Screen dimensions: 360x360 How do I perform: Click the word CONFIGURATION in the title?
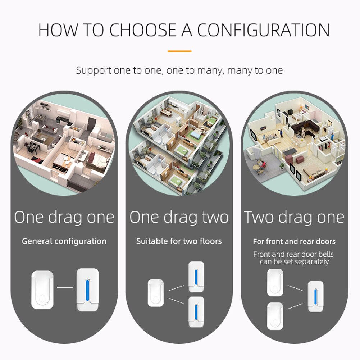[x=263, y=30]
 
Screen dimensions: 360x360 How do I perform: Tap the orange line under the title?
[x=179, y=51]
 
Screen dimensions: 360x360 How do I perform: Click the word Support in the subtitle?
[x=94, y=70]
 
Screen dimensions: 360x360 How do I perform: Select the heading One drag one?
[x=64, y=217]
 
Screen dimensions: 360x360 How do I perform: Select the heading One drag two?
[x=179, y=217]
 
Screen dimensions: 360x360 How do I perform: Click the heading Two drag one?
[x=294, y=217]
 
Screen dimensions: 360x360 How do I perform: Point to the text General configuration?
[x=64, y=241]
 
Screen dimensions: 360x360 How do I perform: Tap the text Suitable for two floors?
[x=179, y=241]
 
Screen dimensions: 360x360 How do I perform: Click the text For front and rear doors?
[x=294, y=241]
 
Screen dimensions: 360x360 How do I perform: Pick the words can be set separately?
[x=294, y=262]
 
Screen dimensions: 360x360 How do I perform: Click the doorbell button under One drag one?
[x=42, y=290]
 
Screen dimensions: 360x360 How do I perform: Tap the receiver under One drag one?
[x=88, y=290]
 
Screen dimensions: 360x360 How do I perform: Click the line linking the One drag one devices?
[x=65, y=287]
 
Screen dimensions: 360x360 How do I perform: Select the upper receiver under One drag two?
[x=196, y=277]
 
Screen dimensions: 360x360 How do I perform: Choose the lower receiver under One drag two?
[x=196, y=311]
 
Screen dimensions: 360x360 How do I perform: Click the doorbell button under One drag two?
[x=156, y=293]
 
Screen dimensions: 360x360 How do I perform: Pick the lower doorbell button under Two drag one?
[x=275, y=316]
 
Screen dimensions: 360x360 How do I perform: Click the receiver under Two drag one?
[x=316, y=296]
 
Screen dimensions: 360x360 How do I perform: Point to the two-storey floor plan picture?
[x=179, y=144]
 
